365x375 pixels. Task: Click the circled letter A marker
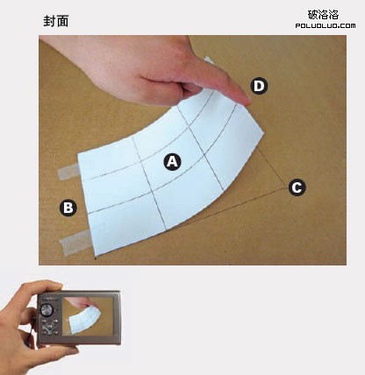(x=172, y=161)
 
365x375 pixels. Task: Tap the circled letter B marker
(x=68, y=208)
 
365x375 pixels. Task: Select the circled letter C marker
(x=297, y=187)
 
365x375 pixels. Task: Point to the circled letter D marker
(x=259, y=86)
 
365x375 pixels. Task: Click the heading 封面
(x=56, y=21)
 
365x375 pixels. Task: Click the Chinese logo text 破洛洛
(x=323, y=15)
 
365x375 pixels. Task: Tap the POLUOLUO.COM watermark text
(x=326, y=25)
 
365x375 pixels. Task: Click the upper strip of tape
(x=69, y=172)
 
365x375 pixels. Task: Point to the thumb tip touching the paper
(x=247, y=101)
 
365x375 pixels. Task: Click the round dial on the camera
(x=47, y=310)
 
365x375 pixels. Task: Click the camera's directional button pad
(x=50, y=326)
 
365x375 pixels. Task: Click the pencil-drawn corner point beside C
(x=286, y=188)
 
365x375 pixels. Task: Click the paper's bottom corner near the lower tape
(x=96, y=257)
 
